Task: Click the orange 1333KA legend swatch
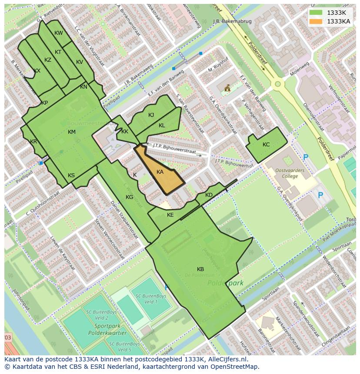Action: pos(316,21)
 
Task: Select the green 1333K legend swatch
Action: pos(316,13)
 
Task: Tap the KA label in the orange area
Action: pos(160,172)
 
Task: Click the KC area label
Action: pos(266,145)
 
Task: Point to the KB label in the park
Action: pos(200,269)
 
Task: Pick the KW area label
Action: pos(59,33)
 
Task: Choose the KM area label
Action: pos(72,132)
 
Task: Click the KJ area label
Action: pos(151,115)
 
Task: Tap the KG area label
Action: pos(129,197)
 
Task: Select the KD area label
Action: pos(209,195)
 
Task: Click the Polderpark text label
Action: pos(225,283)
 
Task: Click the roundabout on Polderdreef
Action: pos(277,84)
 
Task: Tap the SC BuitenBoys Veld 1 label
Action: pos(147,299)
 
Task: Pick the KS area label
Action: pos(71,175)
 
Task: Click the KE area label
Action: pos(170,215)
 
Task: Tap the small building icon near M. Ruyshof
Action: pos(227,88)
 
